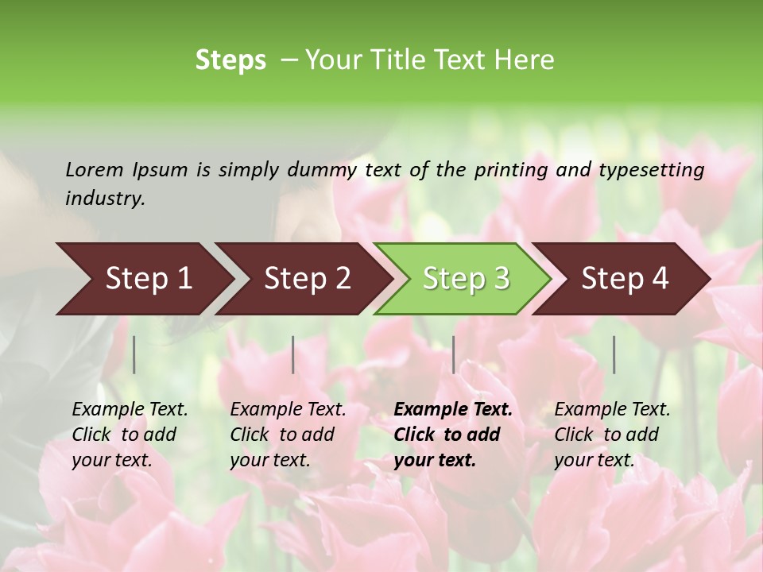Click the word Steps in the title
(230, 60)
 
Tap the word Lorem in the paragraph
(94, 169)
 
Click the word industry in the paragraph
(104, 199)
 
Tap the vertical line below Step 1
(134, 354)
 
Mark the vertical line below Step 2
(293, 354)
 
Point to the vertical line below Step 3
(453, 354)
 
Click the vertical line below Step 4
(614, 354)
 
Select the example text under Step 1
(130, 435)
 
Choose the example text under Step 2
(288, 435)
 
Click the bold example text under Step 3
(453, 435)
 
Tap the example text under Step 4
(612, 435)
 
